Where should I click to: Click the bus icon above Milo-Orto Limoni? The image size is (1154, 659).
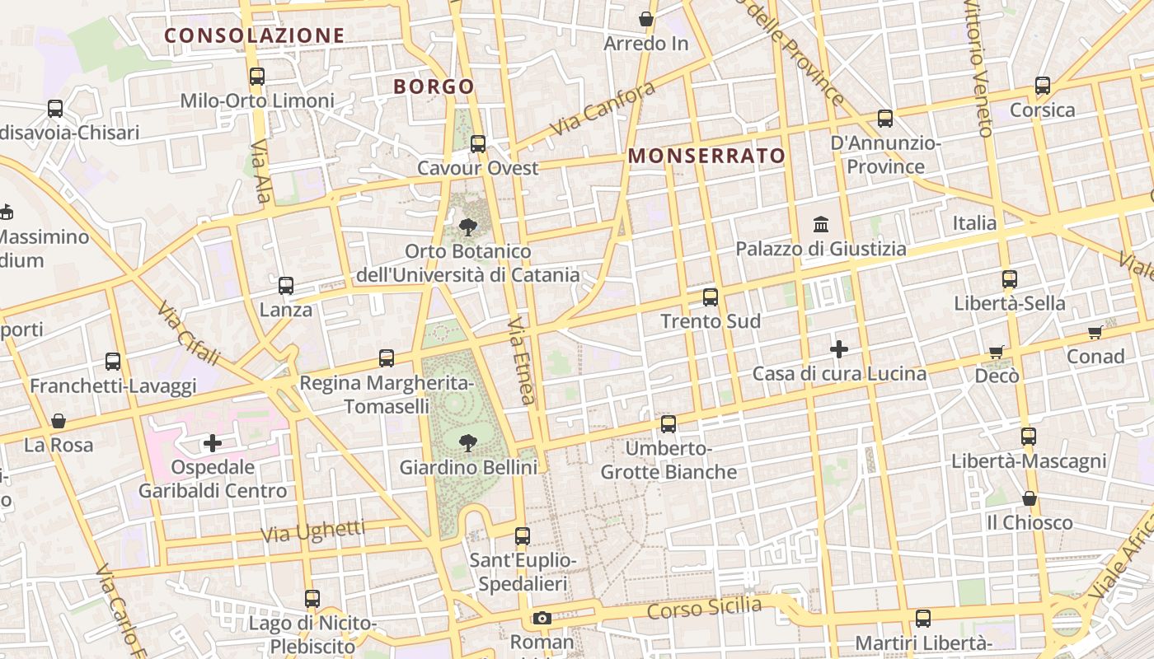pos(257,77)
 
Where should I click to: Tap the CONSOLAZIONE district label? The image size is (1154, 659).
pos(254,35)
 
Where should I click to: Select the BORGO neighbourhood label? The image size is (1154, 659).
pos(434,86)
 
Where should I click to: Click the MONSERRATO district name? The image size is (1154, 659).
pos(706,156)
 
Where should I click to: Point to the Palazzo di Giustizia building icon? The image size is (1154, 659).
pos(821,224)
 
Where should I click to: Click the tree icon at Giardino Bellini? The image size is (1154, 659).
pos(468,443)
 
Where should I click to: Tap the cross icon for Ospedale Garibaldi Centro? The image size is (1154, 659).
pos(213,443)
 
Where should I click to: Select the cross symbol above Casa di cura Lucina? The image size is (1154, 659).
pos(839,349)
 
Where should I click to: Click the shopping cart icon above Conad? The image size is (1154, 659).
pos(1095,332)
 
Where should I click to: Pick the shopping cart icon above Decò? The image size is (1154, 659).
pos(997,352)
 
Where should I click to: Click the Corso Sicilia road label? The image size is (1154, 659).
pos(704,609)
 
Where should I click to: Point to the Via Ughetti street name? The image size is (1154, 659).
pos(312,531)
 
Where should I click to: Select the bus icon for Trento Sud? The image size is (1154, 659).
pos(711,297)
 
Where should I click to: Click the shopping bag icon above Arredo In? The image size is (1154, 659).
pos(646,19)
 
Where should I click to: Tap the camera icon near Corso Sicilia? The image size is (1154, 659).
pos(542,618)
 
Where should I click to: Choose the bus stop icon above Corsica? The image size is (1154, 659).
pos(1043,86)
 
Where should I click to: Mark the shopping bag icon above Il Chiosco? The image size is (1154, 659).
pos(1030,498)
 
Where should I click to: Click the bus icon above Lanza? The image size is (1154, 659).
pos(286,286)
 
